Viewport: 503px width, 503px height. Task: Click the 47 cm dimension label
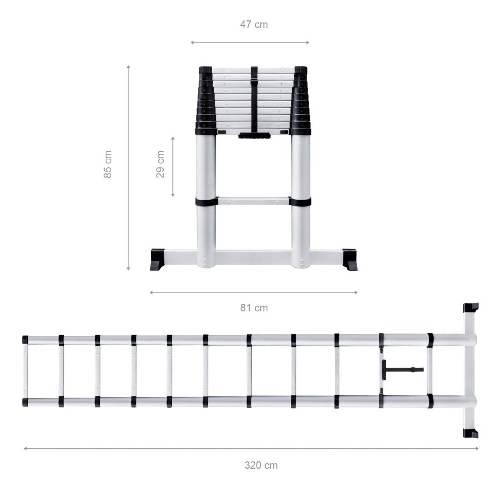[253, 24]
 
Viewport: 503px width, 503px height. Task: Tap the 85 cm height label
[108, 164]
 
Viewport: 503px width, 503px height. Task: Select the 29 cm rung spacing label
[160, 164]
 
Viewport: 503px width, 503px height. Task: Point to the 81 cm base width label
[253, 308]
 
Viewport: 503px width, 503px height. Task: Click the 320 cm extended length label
[261, 465]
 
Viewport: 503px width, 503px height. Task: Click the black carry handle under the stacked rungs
[254, 135]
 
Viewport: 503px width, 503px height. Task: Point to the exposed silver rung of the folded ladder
[253, 201]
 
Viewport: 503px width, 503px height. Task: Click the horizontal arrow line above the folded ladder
[250, 42]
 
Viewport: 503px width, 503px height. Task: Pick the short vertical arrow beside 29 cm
[173, 166]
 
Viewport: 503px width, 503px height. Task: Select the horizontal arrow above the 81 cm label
[253, 293]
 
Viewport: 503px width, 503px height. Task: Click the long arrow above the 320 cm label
[251, 448]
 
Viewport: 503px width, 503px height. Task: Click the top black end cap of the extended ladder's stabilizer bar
[471, 308]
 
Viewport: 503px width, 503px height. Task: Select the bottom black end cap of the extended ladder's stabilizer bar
[471, 433]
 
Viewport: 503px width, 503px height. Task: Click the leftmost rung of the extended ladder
[25, 370]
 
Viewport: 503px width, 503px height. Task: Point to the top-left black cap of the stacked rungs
[205, 70]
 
